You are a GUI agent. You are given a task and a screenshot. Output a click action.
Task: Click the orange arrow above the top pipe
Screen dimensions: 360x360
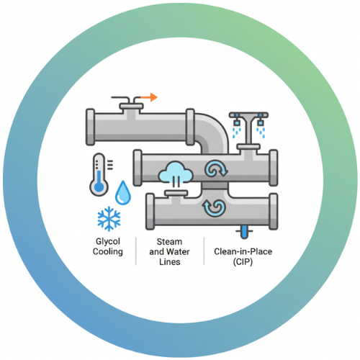click(x=149, y=97)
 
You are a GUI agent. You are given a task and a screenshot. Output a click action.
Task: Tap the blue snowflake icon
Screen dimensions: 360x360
click(x=109, y=219)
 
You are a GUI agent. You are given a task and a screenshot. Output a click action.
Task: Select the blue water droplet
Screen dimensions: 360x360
click(x=123, y=193)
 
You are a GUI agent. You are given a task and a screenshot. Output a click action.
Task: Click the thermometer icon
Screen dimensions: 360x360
click(x=99, y=174)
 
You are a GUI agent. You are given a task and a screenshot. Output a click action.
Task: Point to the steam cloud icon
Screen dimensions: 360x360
click(x=176, y=172)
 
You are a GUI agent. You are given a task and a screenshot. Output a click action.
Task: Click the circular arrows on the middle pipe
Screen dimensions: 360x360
click(x=216, y=168)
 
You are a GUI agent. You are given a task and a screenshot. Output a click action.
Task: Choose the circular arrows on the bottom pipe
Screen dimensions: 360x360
click(x=214, y=208)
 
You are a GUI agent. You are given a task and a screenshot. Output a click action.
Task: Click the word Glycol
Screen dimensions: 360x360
click(x=108, y=241)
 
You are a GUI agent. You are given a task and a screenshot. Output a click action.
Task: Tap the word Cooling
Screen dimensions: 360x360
click(x=108, y=252)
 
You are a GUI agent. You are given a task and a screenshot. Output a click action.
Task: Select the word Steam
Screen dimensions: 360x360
click(x=169, y=242)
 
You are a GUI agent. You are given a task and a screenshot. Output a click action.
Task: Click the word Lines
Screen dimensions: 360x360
click(x=170, y=262)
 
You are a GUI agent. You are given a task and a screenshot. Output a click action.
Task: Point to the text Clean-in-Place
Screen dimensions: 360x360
click(x=243, y=251)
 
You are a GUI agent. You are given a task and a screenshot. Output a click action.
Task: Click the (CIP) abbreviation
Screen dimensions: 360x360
click(x=243, y=262)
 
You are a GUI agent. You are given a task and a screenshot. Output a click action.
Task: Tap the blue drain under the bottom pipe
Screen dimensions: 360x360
click(x=244, y=232)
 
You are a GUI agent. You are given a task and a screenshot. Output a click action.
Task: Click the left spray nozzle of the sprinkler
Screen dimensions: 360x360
click(x=237, y=123)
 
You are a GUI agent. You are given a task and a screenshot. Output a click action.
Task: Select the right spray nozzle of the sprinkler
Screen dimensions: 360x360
click(x=261, y=123)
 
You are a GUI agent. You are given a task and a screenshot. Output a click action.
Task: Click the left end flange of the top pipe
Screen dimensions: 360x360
click(x=90, y=127)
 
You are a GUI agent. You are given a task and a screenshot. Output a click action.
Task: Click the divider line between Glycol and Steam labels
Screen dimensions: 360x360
click(x=136, y=251)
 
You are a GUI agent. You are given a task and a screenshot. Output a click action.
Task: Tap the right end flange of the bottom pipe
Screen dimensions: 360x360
click(x=274, y=212)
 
